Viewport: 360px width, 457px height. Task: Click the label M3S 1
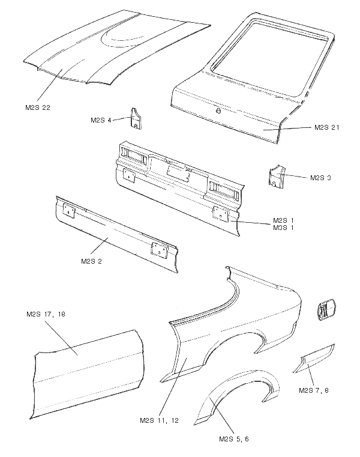pyautogui.click(x=283, y=228)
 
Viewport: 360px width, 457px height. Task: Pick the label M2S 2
pyautogui.click(x=92, y=261)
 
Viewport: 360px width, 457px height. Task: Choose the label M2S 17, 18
pyautogui.click(x=46, y=313)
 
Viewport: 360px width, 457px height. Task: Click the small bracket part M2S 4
pyautogui.click(x=136, y=118)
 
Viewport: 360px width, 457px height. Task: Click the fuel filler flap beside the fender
pyautogui.click(x=325, y=309)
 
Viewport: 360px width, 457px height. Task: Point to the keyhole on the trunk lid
pyautogui.click(x=218, y=110)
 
